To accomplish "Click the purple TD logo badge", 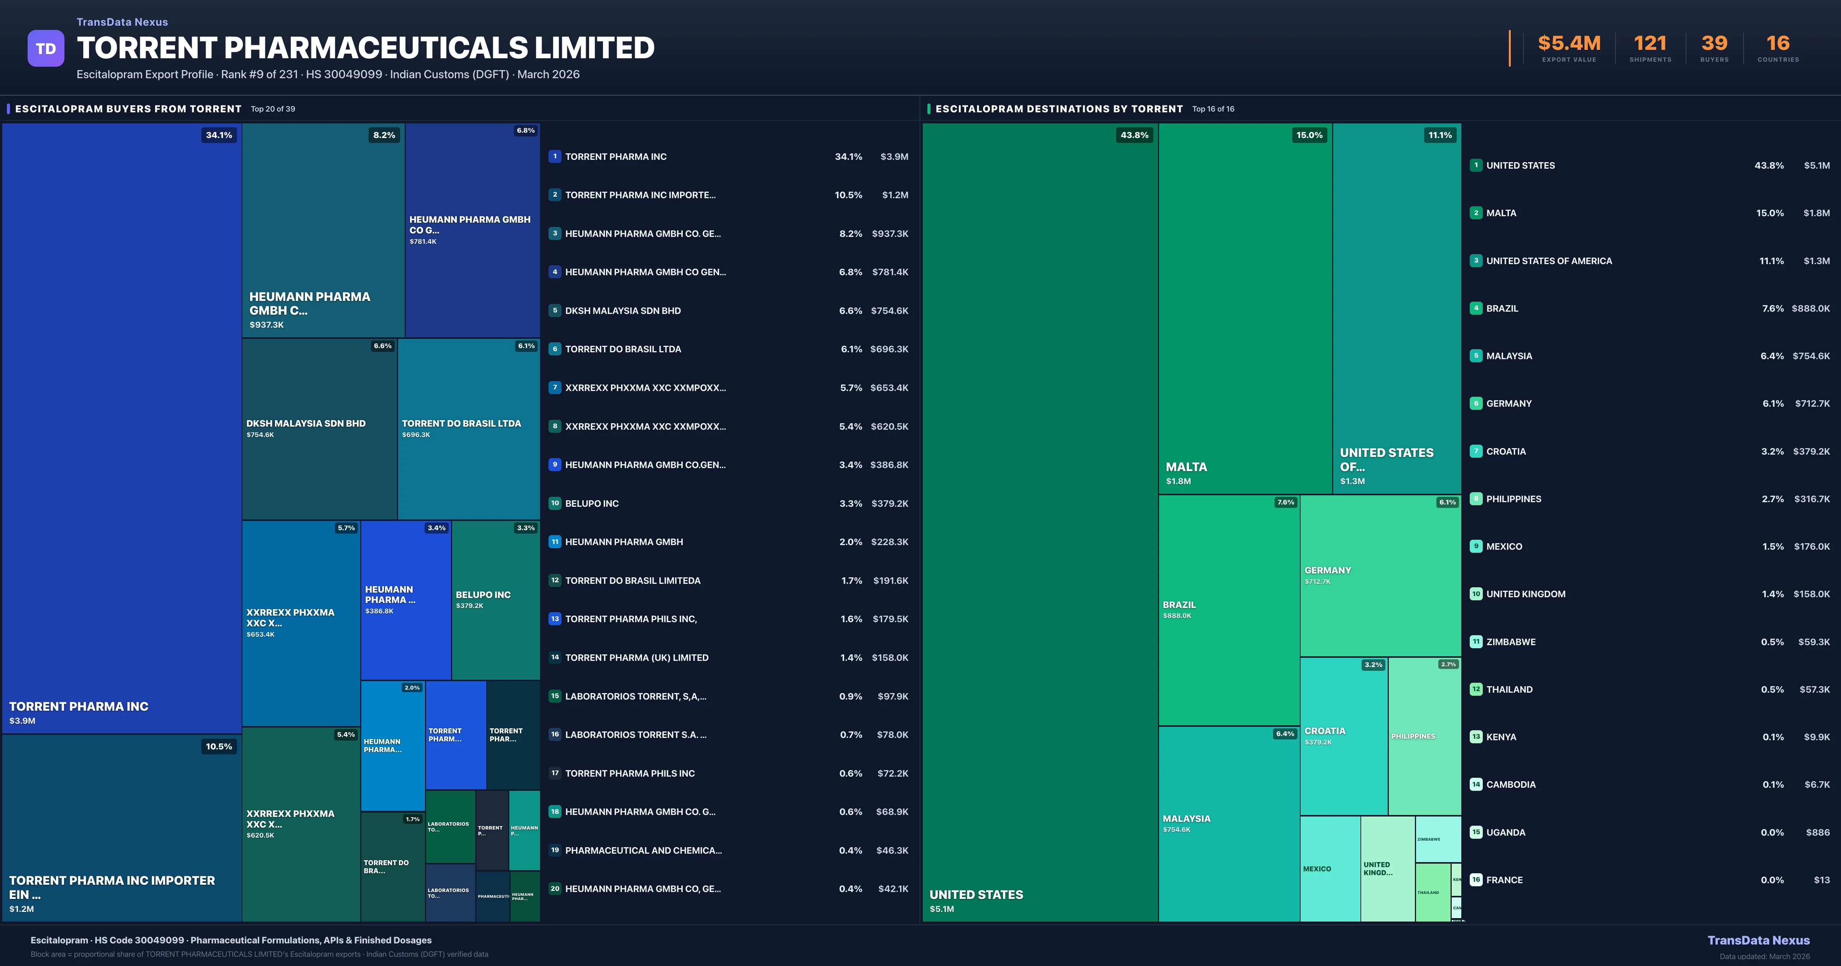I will click(46, 49).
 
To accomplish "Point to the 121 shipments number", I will click(1650, 44).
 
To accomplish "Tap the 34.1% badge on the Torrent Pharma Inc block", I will click(219, 135).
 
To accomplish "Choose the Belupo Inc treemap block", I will click(495, 600).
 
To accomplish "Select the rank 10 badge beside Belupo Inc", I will click(555, 503).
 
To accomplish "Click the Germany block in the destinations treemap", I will click(1380, 575).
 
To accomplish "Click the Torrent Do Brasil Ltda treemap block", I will click(468, 429).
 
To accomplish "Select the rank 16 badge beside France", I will click(1476, 879).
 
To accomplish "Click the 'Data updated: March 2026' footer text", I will click(1764, 956).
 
